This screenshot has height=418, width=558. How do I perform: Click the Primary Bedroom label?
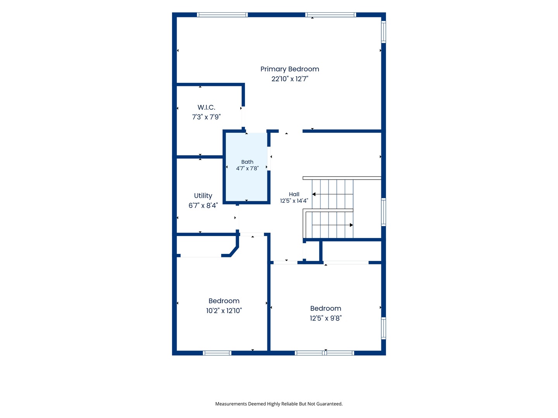click(289, 69)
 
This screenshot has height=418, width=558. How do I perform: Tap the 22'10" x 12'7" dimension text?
click(289, 79)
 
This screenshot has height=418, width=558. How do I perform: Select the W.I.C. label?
click(206, 107)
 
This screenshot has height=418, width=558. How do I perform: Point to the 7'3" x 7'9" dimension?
click(206, 117)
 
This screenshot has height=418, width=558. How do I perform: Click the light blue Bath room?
click(246, 167)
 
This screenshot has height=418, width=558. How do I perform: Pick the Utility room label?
click(203, 196)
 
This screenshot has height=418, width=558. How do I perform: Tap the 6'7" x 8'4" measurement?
click(203, 205)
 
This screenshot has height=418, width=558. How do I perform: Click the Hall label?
click(294, 194)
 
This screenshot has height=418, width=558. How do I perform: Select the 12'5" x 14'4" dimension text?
click(294, 201)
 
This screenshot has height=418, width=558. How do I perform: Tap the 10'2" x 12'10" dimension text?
click(224, 311)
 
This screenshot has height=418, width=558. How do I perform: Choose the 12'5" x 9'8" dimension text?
click(325, 318)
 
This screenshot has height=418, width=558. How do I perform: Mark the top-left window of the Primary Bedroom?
click(222, 15)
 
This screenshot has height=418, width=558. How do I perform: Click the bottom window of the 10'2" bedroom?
click(217, 353)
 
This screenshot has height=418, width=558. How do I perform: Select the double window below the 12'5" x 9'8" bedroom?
click(324, 353)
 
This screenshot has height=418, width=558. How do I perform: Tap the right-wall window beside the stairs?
click(383, 212)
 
